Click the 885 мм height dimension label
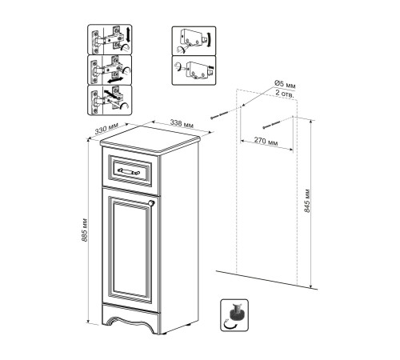(85, 230)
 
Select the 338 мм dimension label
(182, 123)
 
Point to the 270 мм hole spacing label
(266, 141)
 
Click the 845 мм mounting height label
(307, 201)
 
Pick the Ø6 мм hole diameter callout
(285, 85)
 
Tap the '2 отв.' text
(285, 94)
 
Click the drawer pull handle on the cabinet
(129, 171)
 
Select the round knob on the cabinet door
(151, 203)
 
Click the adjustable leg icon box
(234, 315)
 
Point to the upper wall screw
(219, 115)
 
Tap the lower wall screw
(272, 125)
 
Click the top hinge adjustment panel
(110, 39)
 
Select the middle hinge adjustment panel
(110, 70)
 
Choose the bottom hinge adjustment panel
(110, 100)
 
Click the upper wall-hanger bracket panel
(194, 41)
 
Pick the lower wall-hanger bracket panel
(194, 70)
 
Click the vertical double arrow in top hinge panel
(128, 34)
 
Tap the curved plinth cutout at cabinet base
(130, 322)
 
